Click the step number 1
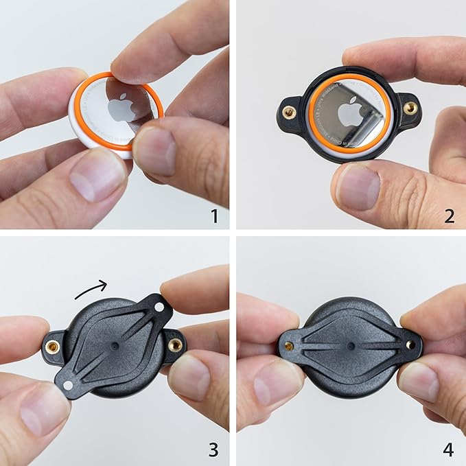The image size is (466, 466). [x=214, y=216]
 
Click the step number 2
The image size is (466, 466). [x=450, y=216]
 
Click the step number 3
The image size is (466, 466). [x=214, y=450]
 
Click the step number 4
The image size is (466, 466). [x=449, y=450]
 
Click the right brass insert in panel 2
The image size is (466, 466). [x=410, y=108]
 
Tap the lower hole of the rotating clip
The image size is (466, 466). [x=68, y=386]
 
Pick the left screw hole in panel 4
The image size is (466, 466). [x=290, y=346]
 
